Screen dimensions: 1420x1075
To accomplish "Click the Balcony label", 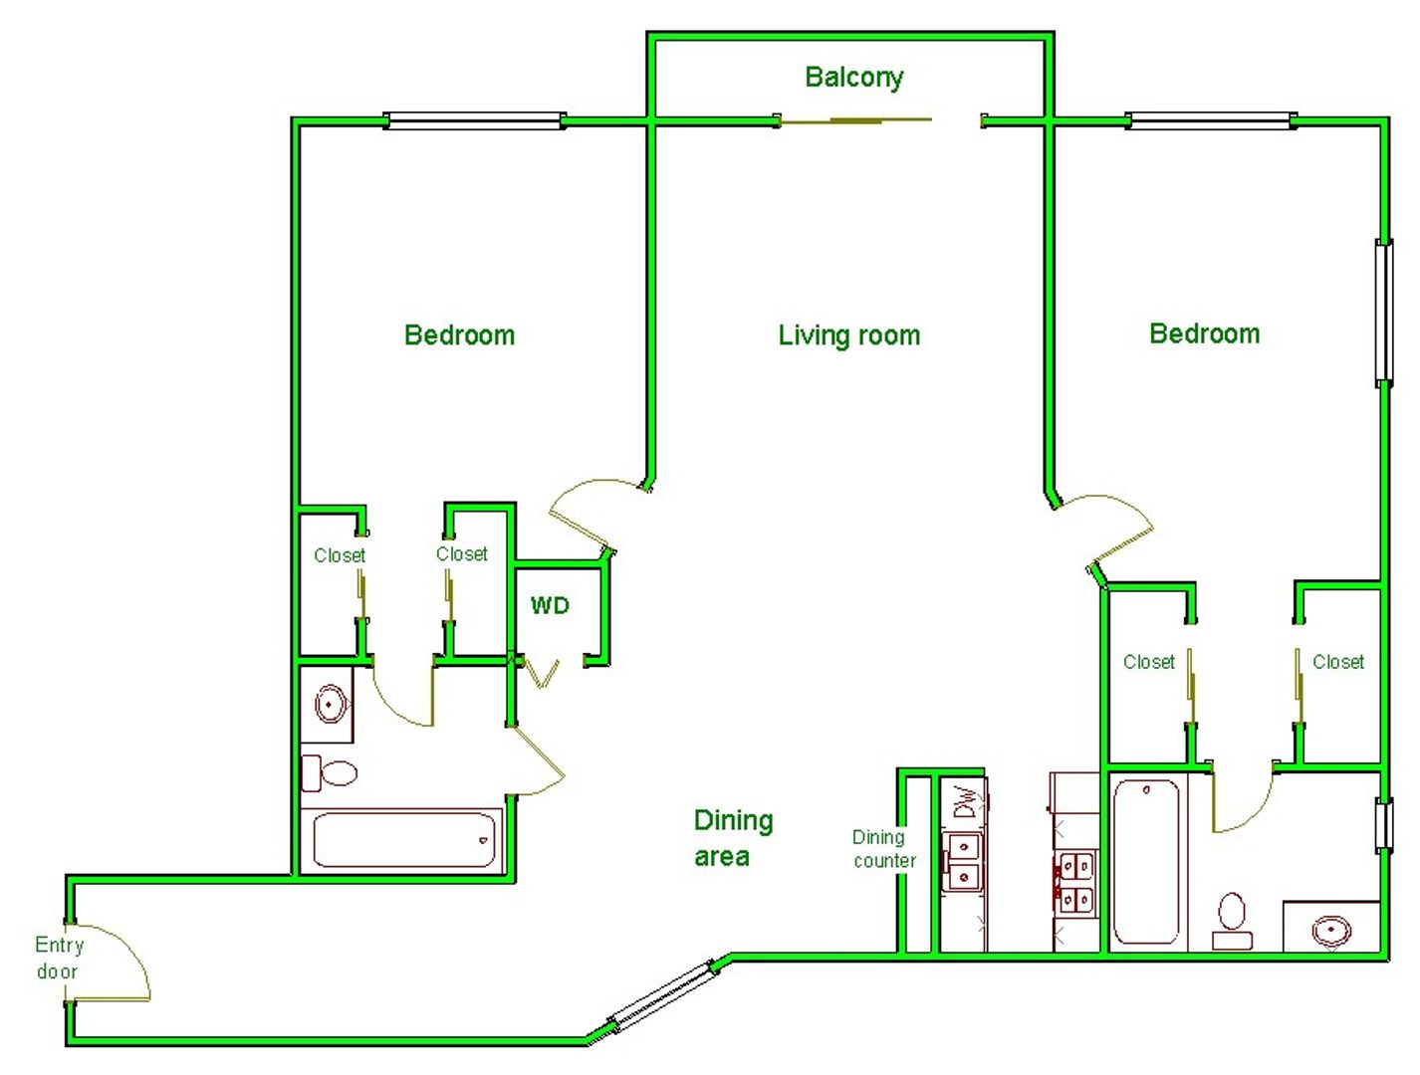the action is pos(853,78).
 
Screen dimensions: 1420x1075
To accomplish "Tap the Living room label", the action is pos(848,335).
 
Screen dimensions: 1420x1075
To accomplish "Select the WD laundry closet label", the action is pos(550,606).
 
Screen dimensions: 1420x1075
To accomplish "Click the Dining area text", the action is pos(733,838).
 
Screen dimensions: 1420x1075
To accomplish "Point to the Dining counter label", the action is pos(884,849).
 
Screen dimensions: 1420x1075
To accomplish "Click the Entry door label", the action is pos(59,958).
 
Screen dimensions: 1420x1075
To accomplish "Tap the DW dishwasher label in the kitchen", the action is pos(963,802).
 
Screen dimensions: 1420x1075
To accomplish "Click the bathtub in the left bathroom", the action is pos(403,839).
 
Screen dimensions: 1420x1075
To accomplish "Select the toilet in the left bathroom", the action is pos(330,772).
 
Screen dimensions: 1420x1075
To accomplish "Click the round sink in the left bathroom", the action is pos(330,704).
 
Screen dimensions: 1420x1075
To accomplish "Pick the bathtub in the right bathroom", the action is pos(1145,861).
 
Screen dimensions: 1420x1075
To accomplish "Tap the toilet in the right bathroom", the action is pos(1231,921).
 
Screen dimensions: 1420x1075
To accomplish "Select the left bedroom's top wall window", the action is pos(474,120).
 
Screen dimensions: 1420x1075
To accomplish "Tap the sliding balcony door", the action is pos(855,120).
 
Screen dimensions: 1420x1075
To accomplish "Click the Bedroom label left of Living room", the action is pos(459,335).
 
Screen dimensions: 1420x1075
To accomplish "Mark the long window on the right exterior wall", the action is pos(1384,313).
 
